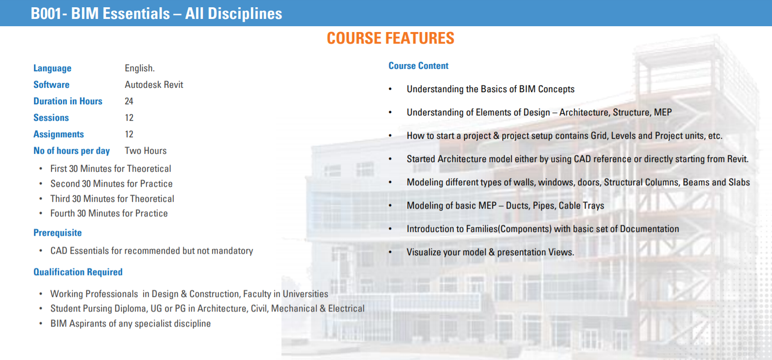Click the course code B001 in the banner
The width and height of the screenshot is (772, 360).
pos(47,14)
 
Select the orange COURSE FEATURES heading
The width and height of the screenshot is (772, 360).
pos(391,38)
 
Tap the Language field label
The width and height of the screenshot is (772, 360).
pos(52,68)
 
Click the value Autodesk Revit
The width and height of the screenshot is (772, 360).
pos(154,84)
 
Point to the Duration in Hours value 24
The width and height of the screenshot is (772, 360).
pos(129,101)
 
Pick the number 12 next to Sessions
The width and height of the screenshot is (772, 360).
pos(129,117)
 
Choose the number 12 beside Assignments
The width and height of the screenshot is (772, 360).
pos(129,134)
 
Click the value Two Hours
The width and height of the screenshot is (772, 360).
pos(146,150)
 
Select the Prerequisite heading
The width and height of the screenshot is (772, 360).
pos(58,233)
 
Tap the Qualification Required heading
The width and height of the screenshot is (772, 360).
pos(78,272)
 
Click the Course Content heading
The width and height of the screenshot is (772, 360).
pos(418,66)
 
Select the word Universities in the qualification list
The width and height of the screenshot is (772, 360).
pos(305,294)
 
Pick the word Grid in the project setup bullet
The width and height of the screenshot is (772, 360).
pos(599,136)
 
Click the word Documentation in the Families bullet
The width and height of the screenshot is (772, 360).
pos(649,229)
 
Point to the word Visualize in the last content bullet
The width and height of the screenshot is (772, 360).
pos(424,252)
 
